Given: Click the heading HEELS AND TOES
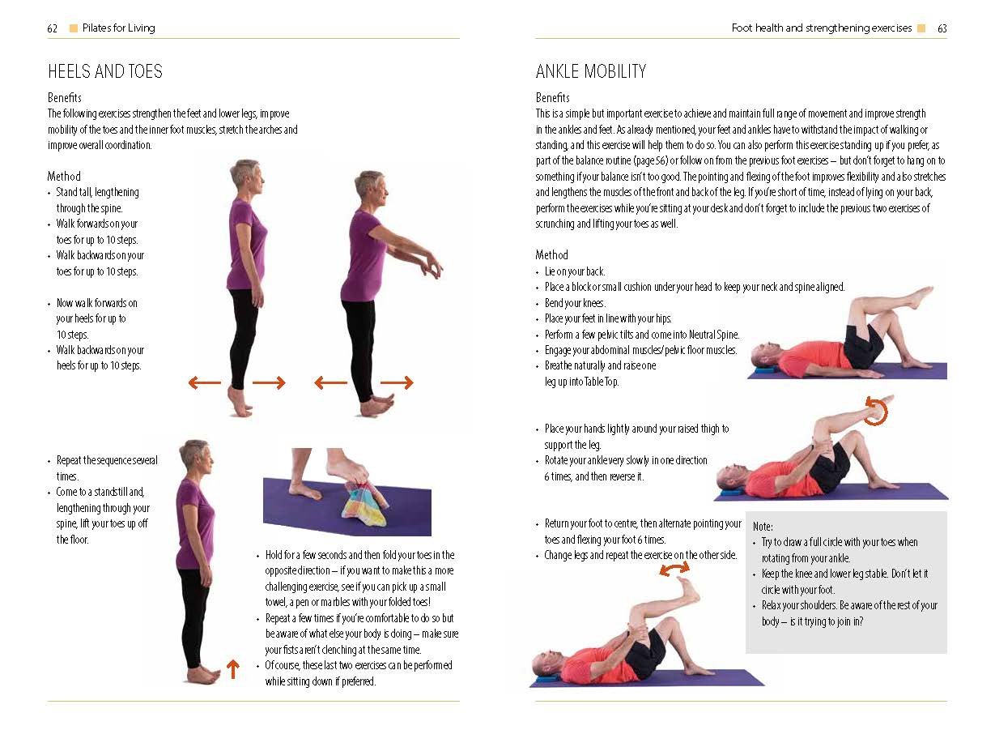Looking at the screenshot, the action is [x=105, y=71].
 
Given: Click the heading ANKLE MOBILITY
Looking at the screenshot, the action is [x=591, y=71].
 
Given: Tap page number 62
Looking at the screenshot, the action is [x=52, y=28].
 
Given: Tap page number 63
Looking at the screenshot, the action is [x=942, y=28].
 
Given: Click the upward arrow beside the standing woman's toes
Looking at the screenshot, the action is [x=232, y=669].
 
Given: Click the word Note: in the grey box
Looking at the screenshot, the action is [x=763, y=527].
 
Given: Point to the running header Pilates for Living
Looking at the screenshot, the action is [x=119, y=28].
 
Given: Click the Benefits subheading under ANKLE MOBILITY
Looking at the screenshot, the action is [x=553, y=97].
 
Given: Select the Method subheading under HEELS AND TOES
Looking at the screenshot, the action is [x=64, y=176].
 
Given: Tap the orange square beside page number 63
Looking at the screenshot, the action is [x=921, y=28].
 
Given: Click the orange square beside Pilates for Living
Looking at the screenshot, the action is [x=73, y=28].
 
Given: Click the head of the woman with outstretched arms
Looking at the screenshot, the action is [x=371, y=189].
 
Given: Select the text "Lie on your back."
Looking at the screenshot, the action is [x=574, y=271].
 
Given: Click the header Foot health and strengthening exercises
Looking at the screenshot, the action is [x=822, y=28].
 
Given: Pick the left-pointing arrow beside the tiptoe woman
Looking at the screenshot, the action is [x=205, y=382].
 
